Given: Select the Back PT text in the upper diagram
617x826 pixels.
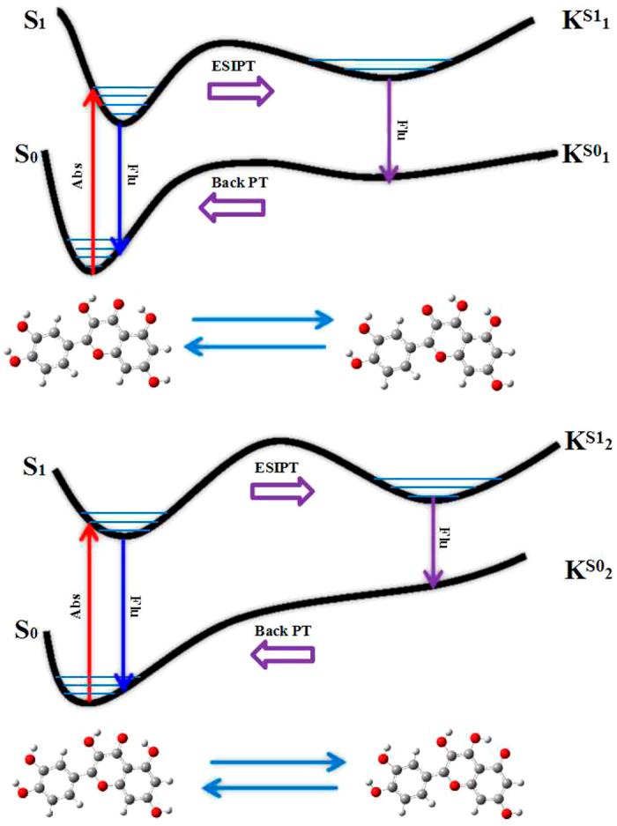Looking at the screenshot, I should point(235,182).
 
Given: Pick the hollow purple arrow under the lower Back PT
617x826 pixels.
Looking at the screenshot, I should point(284,653).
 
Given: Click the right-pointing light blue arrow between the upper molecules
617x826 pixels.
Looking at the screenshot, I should point(262,319).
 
